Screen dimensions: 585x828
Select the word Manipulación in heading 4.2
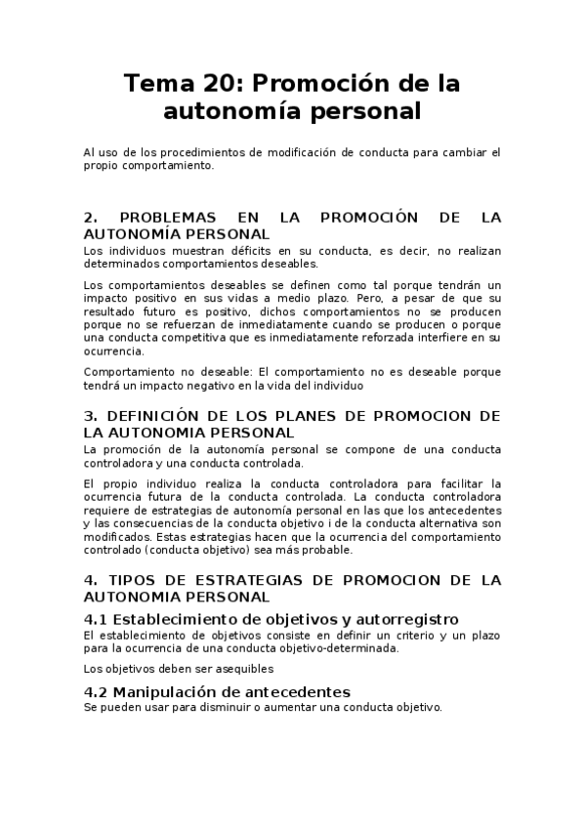pos(165,691)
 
